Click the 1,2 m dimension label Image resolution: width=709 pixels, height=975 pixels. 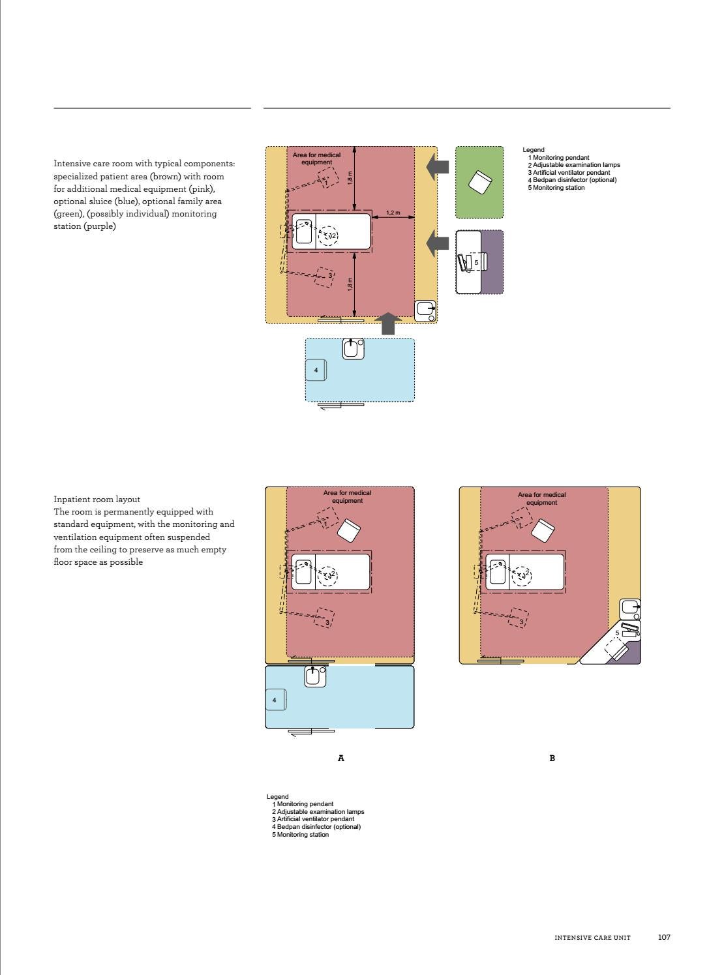click(393, 213)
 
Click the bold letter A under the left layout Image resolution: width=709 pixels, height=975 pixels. click(340, 758)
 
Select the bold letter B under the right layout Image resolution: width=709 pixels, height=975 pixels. click(552, 758)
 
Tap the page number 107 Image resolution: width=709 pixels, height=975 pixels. click(664, 937)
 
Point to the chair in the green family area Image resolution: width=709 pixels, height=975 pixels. click(480, 181)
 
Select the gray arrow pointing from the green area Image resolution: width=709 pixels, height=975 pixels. click(438, 166)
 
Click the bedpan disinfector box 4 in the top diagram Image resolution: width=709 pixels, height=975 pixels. click(316, 370)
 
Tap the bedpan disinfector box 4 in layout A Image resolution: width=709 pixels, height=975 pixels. click(275, 700)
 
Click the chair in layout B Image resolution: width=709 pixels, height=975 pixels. click(543, 530)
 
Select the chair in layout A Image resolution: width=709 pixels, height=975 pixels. click(349, 530)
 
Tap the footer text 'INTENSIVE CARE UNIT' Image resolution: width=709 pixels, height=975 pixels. click(592, 938)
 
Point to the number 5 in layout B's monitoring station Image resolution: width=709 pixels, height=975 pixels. click(617, 633)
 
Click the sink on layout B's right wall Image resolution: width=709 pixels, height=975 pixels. click(629, 608)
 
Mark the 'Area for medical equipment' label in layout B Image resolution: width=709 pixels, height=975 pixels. click(541, 498)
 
